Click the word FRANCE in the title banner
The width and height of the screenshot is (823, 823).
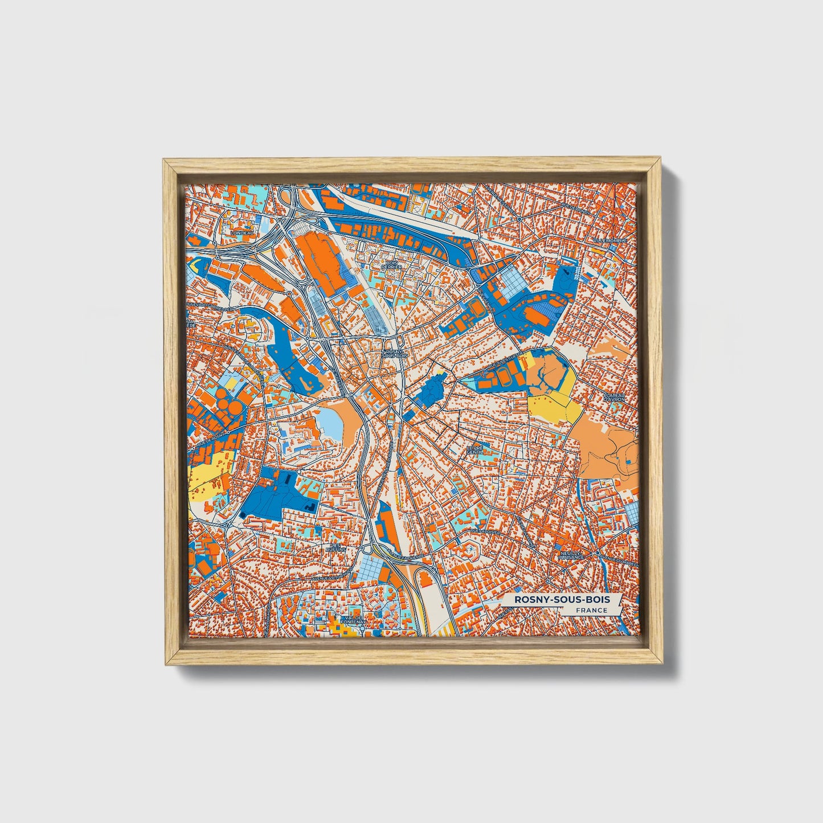[591, 610]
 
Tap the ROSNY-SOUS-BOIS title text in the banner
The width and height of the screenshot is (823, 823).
[562, 600]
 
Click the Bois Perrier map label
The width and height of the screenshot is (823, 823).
[392, 265]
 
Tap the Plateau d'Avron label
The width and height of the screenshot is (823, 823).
[615, 397]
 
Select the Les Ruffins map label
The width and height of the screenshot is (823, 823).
[335, 547]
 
